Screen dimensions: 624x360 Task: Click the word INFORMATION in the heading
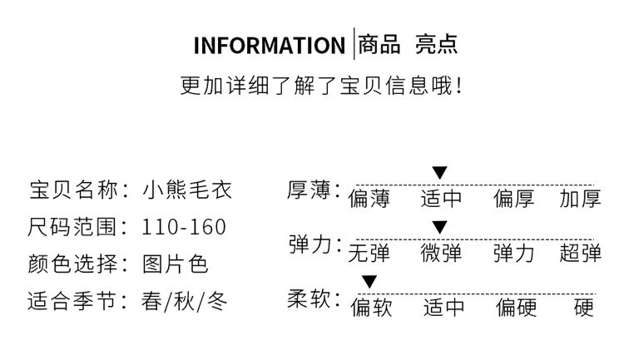tap(270, 46)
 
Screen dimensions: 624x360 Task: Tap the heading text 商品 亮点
tap(408, 44)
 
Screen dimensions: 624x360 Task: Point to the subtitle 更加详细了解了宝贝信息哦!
tap(321, 86)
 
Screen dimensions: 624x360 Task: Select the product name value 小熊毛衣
tap(187, 190)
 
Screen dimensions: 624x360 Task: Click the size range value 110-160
tap(184, 227)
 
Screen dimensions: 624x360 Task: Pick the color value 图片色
tap(176, 264)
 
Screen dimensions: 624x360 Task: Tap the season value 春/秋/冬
tap(184, 301)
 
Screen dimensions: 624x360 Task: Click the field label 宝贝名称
tap(73, 190)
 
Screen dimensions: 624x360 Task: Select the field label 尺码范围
tap(72, 227)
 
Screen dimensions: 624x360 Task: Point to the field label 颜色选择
tap(73, 264)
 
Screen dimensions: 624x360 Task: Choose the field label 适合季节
tap(72, 301)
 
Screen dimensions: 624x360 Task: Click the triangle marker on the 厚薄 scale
tap(440, 173)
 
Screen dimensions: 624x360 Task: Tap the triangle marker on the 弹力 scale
tap(440, 227)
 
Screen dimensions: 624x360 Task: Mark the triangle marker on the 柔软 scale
tap(369, 281)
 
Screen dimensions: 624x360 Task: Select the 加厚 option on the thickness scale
tap(580, 199)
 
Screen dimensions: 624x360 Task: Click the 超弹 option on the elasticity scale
tap(580, 253)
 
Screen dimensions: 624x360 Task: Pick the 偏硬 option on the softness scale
tap(516, 308)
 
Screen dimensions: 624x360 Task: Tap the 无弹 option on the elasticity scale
tap(369, 253)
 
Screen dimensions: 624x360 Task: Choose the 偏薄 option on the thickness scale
tap(369, 199)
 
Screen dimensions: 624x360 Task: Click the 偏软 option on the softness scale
tap(371, 308)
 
